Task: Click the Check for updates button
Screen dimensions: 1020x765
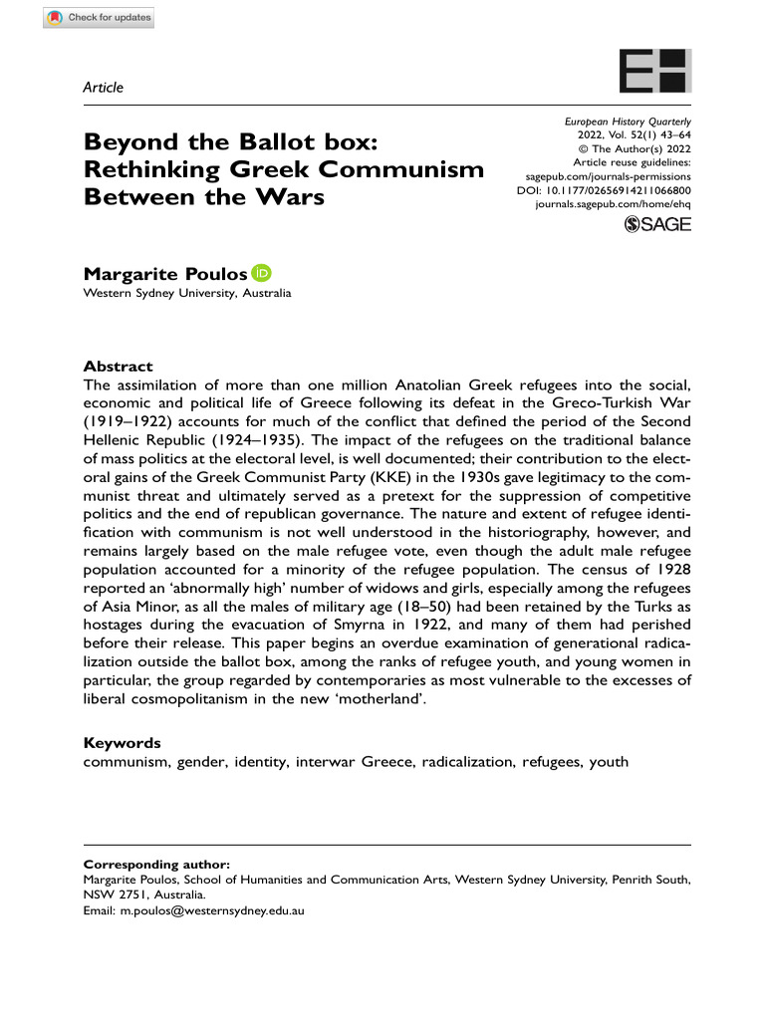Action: point(99,19)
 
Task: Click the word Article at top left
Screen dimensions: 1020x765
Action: point(103,88)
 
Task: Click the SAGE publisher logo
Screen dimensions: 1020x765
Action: point(656,226)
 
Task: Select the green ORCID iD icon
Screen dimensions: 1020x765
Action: point(262,272)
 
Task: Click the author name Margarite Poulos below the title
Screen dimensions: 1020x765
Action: point(165,273)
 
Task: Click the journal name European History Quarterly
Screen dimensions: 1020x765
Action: point(627,121)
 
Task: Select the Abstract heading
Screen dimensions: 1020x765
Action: point(118,367)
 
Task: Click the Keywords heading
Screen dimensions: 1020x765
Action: point(122,743)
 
